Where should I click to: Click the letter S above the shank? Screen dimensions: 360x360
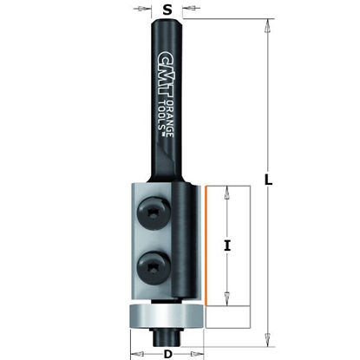click(167, 11)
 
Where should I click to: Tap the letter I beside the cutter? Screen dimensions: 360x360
click(227, 245)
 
